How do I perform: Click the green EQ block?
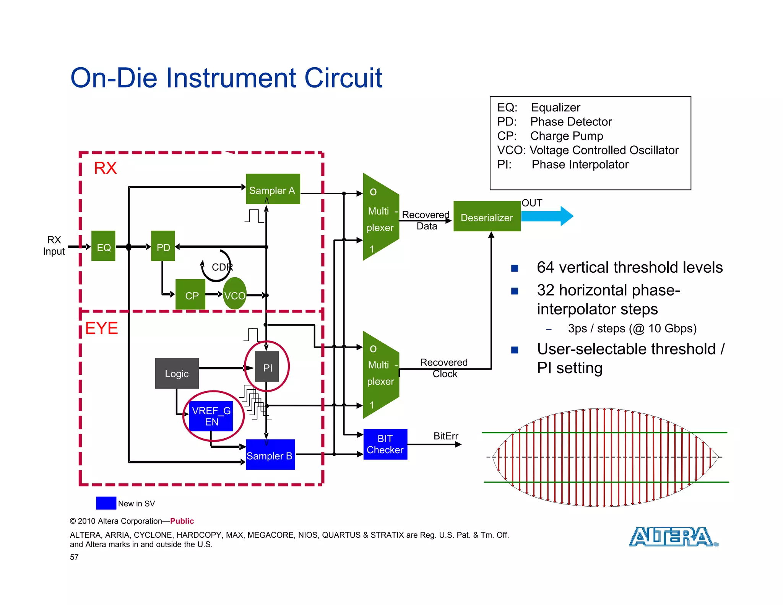click(x=103, y=246)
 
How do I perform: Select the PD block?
click(x=163, y=246)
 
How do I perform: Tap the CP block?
click(x=191, y=294)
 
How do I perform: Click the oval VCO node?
click(x=234, y=294)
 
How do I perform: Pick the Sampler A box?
click(x=273, y=189)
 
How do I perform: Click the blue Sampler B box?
click(x=270, y=455)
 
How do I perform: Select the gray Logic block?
click(x=177, y=374)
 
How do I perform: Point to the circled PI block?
click(x=267, y=367)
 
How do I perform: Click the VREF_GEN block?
click(x=211, y=416)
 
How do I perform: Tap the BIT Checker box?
click(x=385, y=444)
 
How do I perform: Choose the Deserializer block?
click(x=487, y=217)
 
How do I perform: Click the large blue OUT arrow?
click(x=547, y=216)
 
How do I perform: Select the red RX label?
click(x=105, y=168)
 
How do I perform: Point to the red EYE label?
click(x=101, y=328)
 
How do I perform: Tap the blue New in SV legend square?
click(x=106, y=503)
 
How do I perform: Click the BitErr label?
click(x=445, y=436)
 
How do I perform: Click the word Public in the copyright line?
click(x=182, y=521)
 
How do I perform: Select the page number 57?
click(x=74, y=557)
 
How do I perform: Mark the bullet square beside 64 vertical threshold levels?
click(x=515, y=268)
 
